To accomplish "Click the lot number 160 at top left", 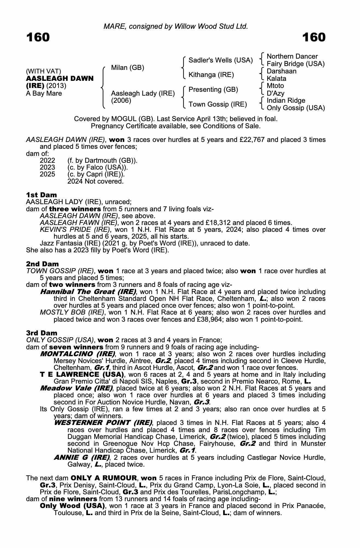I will pos(38,37).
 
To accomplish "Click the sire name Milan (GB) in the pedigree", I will pos(127,68).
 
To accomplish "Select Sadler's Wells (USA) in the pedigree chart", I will pos(220,60).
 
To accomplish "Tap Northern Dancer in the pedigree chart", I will pos(292,56).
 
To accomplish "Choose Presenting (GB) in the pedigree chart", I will pos(213,90).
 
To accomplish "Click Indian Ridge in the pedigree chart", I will pos(286,101).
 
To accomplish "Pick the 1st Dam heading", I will pos(41,195).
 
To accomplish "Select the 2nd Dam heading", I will pos(42,264).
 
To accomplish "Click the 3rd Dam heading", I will pos(42,333).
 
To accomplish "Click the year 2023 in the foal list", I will pos(47,167).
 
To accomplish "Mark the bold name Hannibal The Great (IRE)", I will pos(88,292).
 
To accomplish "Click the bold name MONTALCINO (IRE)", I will pos(77,354).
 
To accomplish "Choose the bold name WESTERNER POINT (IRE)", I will pos(103,423).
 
